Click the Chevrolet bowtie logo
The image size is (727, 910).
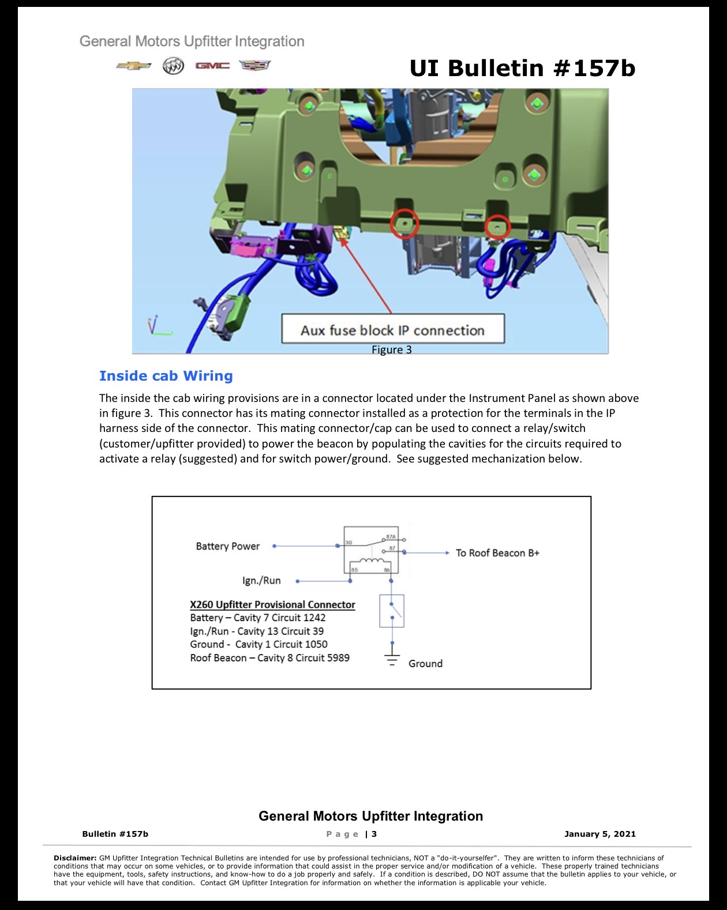tap(133, 66)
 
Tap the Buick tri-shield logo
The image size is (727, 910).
tap(173, 66)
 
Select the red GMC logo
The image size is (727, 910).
tap(212, 66)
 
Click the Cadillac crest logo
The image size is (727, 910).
tap(255, 65)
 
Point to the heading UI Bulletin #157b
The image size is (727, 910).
tap(523, 68)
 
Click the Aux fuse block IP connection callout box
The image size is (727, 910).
tap(393, 328)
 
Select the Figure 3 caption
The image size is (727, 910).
tap(391, 349)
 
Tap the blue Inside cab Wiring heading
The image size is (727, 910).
tap(166, 375)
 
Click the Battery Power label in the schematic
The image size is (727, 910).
tap(228, 546)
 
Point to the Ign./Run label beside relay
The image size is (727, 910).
tap(261, 580)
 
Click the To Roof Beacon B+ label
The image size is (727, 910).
tap(497, 552)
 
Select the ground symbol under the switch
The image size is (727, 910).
tap(392, 659)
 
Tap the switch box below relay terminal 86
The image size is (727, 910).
tap(391, 611)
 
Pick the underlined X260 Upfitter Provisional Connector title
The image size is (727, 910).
tap(272, 605)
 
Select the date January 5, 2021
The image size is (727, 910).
tap(599, 833)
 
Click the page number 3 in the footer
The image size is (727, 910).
tap(374, 833)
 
